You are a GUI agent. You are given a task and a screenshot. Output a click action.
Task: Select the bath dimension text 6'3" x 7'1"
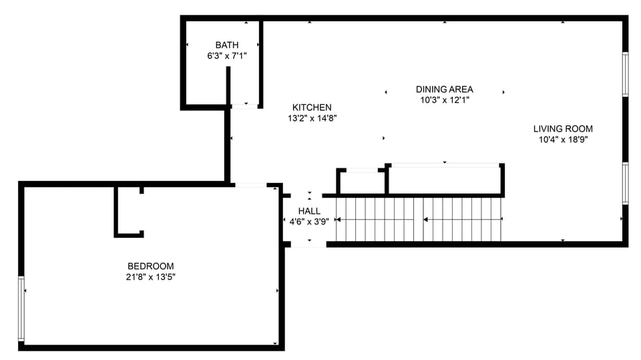click(x=226, y=56)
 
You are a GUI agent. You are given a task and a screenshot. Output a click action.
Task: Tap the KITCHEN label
click(x=312, y=108)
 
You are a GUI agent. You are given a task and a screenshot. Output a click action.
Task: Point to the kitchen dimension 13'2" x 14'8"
click(x=312, y=118)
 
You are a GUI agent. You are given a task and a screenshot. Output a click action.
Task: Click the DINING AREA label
click(x=444, y=89)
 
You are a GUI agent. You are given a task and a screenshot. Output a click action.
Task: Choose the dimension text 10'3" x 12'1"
click(x=444, y=100)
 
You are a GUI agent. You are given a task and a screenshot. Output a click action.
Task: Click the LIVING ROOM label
click(x=562, y=129)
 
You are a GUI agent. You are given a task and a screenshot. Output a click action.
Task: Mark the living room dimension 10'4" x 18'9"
click(x=562, y=140)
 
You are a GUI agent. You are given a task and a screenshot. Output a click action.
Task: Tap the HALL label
click(x=308, y=211)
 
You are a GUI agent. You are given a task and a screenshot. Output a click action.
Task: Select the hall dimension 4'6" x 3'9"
click(x=308, y=222)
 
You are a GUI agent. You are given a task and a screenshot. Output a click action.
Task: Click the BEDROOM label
click(x=150, y=266)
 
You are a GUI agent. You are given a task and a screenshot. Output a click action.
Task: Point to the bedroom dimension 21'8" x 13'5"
click(x=150, y=277)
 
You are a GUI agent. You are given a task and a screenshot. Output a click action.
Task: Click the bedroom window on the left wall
click(x=22, y=309)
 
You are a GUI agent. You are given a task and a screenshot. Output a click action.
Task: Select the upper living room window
click(x=625, y=75)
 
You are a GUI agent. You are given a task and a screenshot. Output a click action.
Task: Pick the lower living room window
click(x=625, y=183)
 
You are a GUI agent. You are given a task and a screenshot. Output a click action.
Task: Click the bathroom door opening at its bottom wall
click(x=244, y=106)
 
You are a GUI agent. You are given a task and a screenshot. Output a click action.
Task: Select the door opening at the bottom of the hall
click(x=308, y=245)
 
